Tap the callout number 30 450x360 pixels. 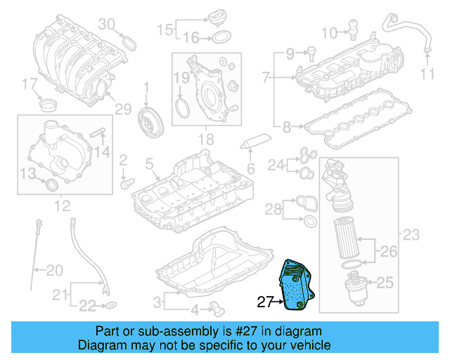105,25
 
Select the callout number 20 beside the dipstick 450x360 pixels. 54,269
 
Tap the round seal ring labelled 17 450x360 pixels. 47,105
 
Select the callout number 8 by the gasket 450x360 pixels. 286,127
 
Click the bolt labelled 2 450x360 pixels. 127,181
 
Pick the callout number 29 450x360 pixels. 123,108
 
